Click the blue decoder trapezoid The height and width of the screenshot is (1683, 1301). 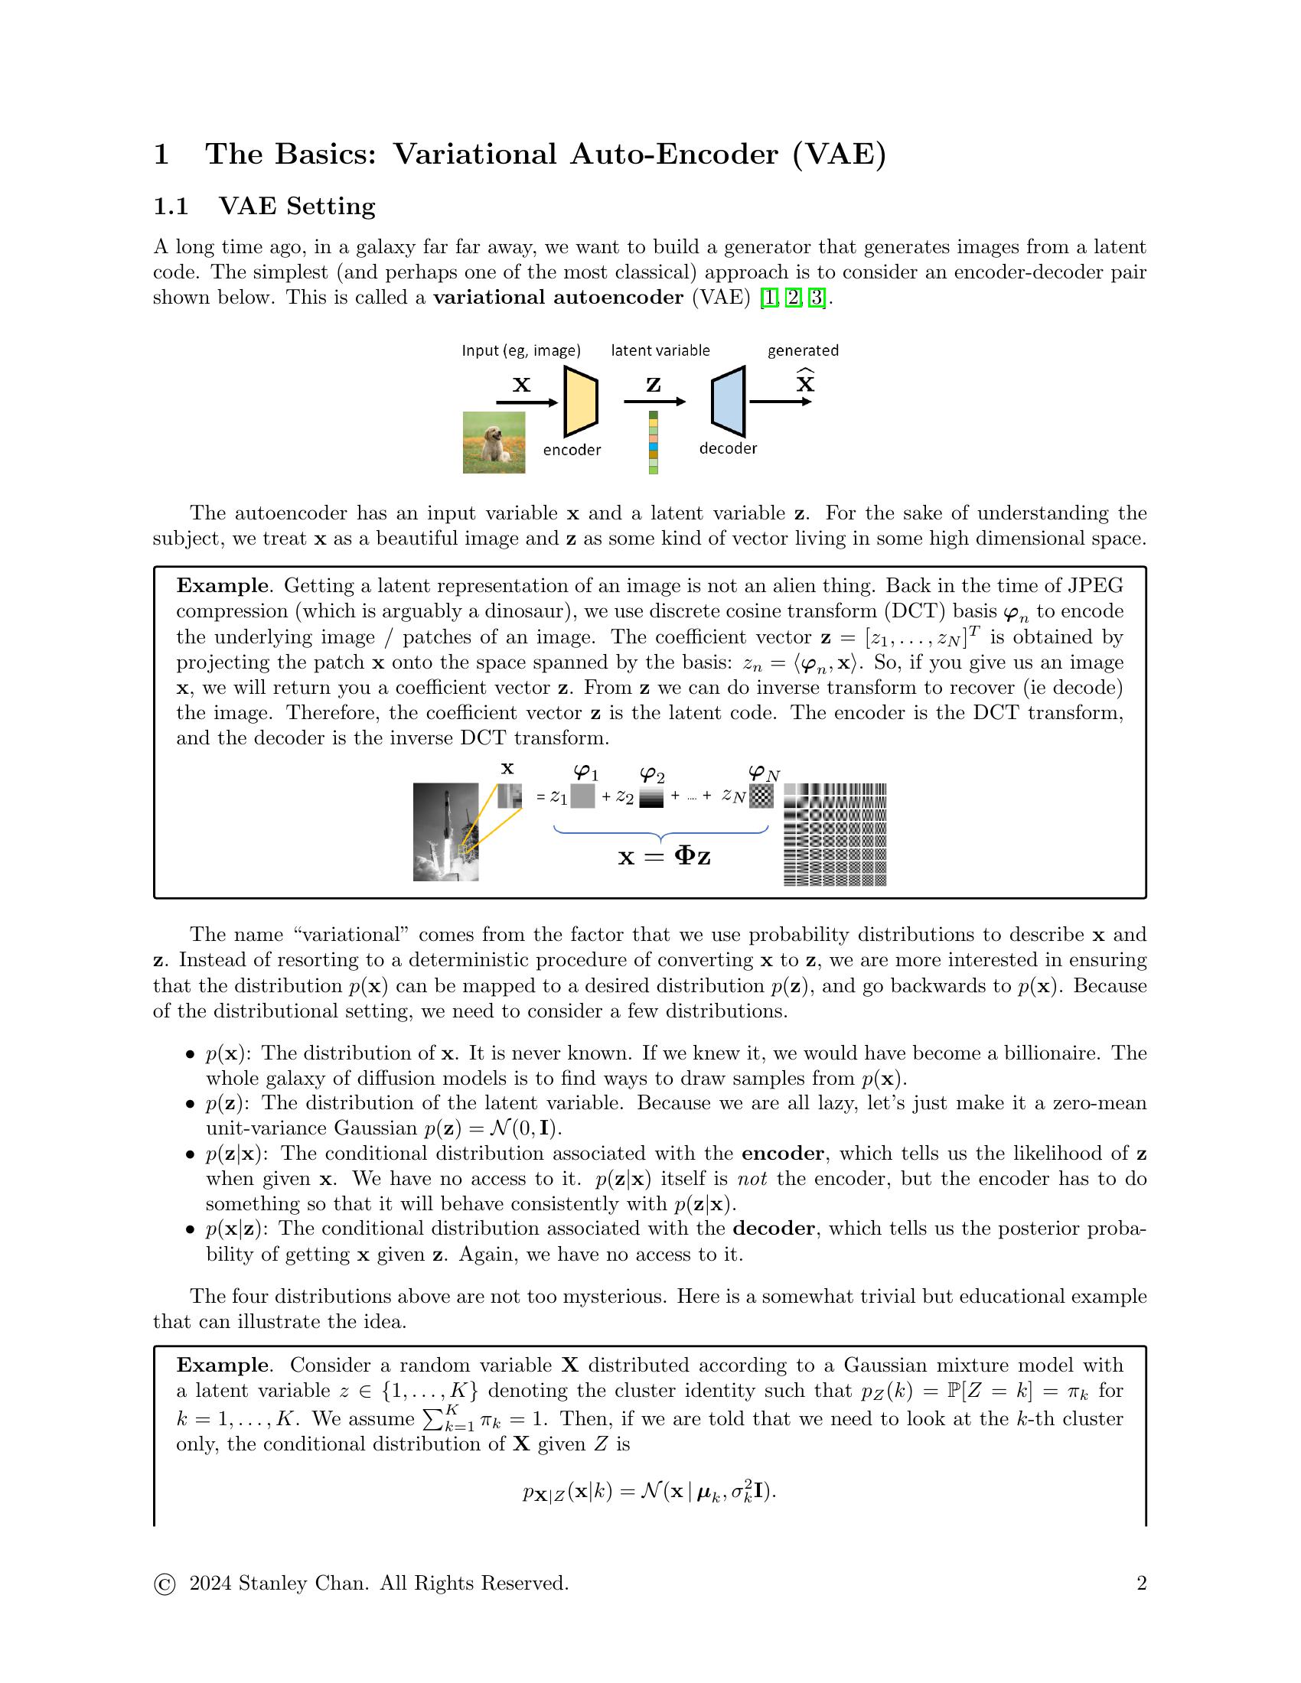point(729,401)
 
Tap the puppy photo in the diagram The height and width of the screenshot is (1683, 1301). point(494,442)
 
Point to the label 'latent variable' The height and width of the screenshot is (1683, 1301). point(660,350)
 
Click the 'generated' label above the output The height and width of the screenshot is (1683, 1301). point(802,350)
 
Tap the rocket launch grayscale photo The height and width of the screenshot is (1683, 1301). point(445,832)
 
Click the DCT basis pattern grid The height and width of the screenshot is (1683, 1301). point(835,834)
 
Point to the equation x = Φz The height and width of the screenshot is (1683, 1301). point(664,855)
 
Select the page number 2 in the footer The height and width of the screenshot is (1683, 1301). point(1142,1583)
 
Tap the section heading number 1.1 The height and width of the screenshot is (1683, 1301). point(171,207)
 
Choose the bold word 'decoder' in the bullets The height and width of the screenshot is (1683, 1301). point(773,1229)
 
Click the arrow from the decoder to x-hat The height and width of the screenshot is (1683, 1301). point(779,402)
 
